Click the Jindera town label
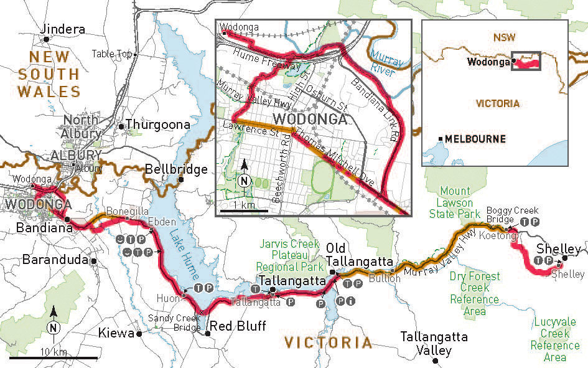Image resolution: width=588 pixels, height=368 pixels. [x=62, y=29]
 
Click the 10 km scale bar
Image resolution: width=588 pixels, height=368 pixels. [x=53, y=358]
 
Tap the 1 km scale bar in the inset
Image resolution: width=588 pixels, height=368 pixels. [x=245, y=211]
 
